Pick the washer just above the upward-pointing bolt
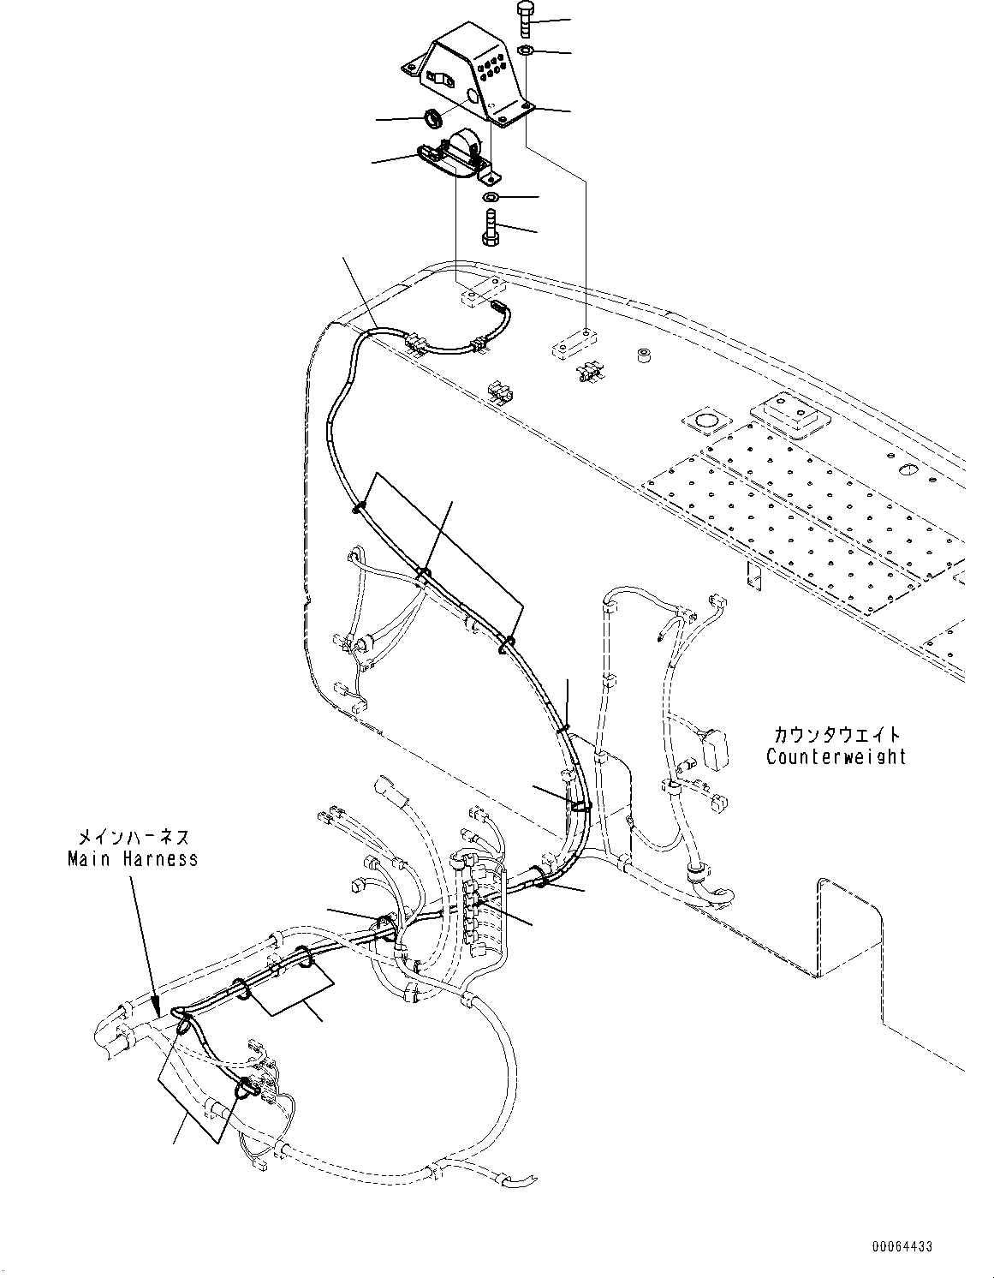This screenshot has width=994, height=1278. [491, 198]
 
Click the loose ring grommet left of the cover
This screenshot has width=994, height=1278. [432, 114]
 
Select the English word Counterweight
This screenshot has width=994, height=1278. [836, 756]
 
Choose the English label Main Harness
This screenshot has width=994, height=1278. [133, 857]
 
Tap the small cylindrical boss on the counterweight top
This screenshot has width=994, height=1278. [642, 354]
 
